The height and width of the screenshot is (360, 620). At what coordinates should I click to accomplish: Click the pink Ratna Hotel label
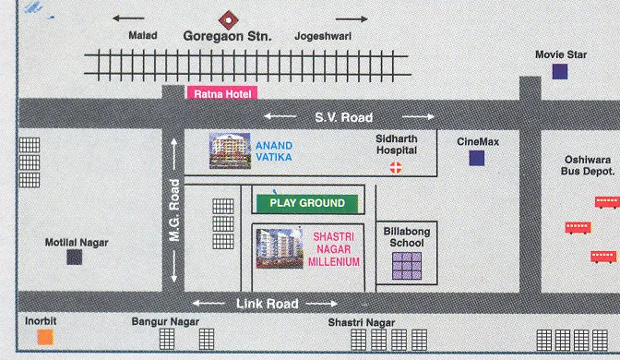[x=221, y=93]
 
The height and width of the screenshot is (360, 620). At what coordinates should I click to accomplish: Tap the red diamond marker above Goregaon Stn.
[x=227, y=18]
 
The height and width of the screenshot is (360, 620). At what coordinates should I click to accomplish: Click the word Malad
[x=144, y=36]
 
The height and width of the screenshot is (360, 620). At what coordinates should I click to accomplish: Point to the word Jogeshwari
[x=319, y=36]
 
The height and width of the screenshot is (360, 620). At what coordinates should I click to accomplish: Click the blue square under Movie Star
[x=559, y=72]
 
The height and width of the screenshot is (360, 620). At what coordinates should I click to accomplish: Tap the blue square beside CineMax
[x=476, y=158]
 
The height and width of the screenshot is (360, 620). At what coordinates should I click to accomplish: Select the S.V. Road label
[x=343, y=116]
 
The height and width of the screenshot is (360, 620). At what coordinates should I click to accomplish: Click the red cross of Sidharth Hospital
[x=397, y=167]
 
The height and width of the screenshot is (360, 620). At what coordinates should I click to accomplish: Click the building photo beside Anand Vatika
[x=230, y=150]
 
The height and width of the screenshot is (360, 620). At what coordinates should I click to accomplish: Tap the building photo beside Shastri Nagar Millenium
[x=278, y=248]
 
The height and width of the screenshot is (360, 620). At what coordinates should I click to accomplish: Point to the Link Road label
[x=267, y=303]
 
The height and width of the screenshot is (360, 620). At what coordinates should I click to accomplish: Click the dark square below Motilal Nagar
[x=73, y=258]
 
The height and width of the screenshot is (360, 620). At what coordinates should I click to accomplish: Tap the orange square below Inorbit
[x=44, y=337]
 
